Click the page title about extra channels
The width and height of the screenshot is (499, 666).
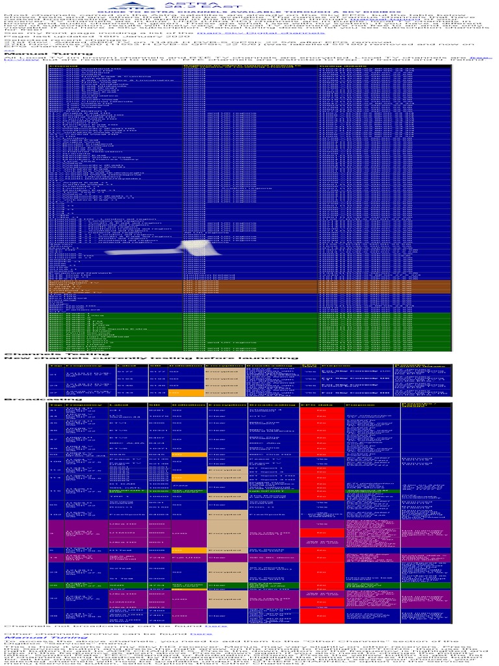click(x=249, y=13)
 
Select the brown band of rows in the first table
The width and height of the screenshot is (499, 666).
click(x=249, y=287)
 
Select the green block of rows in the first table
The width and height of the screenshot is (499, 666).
click(x=249, y=331)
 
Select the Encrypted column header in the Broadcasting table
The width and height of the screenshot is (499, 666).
click(x=221, y=406)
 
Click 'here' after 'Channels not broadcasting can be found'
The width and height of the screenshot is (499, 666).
click(x=217, y=626)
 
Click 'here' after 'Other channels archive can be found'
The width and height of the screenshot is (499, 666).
click(x=202, y=633)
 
